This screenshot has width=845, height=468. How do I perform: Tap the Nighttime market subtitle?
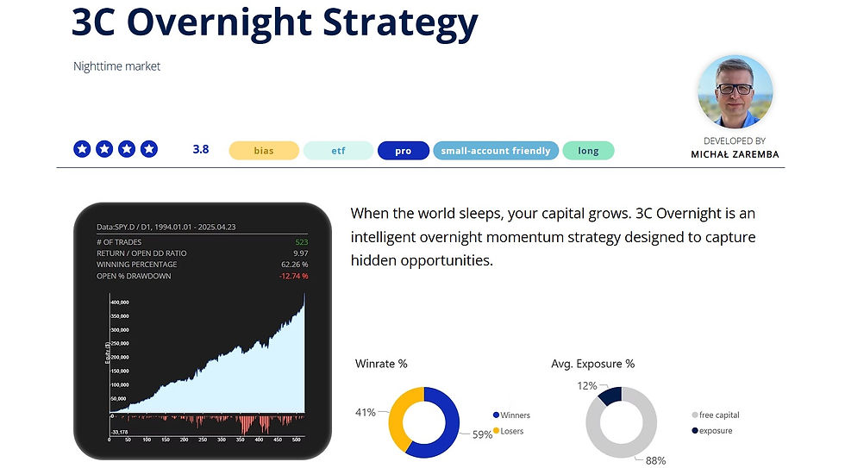point(116,66)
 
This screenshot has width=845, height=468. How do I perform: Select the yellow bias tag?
point(264,151)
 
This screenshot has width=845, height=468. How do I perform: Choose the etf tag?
point(338,151)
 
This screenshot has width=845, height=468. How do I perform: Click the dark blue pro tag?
point(403,151)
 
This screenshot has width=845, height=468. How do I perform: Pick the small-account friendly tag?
point(496,151)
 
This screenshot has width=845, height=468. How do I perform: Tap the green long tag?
point(588,151)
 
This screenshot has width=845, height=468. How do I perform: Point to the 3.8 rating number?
point(201,149)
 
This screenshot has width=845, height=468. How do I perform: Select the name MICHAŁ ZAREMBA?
point(735,154)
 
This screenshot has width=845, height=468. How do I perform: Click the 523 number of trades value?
point(301,242)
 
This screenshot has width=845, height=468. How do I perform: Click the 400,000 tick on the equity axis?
point(119,303)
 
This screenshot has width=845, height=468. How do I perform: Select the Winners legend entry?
point(515,415)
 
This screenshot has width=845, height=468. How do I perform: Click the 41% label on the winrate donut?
point(365,412)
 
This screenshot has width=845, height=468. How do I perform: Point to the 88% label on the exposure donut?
point(655,460)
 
